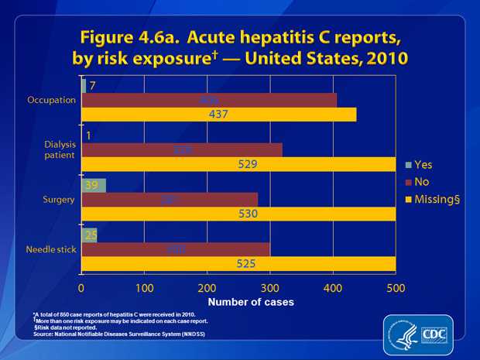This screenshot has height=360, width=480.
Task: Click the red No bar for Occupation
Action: click(x=209, y=100)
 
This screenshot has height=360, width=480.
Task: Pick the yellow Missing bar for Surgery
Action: click(x=238, y=214)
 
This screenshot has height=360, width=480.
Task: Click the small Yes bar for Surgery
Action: click(x=94, y=185)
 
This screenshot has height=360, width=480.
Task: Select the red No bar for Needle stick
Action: click(x=176, y=249)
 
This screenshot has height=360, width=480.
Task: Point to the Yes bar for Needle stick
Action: click(x=89, y=235)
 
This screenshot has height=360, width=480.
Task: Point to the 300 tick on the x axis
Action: click(x=270, y=287)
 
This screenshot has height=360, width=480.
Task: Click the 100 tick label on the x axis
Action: click(x=144, y=287)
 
